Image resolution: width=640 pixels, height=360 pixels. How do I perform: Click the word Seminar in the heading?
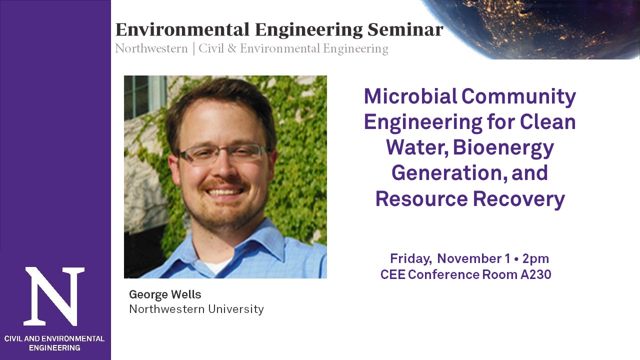pyautogui.click(x=405, y=29)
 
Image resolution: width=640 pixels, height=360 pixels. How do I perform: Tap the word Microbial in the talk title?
pyautogui.click(x=410, y=96)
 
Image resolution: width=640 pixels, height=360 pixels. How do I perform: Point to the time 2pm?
pyautogui.click(x=535, y=259)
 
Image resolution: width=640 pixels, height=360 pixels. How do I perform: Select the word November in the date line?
pyautogui.click(x=469, y=258)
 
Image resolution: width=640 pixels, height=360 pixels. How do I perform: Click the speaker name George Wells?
pyautogui.click(x=165, y=295)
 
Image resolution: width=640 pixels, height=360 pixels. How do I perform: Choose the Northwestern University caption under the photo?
pyautogui.click(x=196, y=309)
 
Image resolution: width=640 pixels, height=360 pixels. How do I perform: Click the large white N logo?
pyautogui.click(x=54, y=296)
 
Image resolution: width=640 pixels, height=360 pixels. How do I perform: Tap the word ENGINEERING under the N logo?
pyautogui.click(x=54, y=347)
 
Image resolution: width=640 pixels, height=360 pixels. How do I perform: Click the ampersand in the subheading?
pyautogui.click(x=232, y=48)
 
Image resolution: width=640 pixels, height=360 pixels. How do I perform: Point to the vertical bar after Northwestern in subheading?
pyautogui.click(x=193, y=49)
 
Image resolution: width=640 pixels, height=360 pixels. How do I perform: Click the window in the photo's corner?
pyautogui.click(x=144, y=96)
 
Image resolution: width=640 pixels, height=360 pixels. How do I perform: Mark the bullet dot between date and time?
pyautogui.click(x=516, y=259)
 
